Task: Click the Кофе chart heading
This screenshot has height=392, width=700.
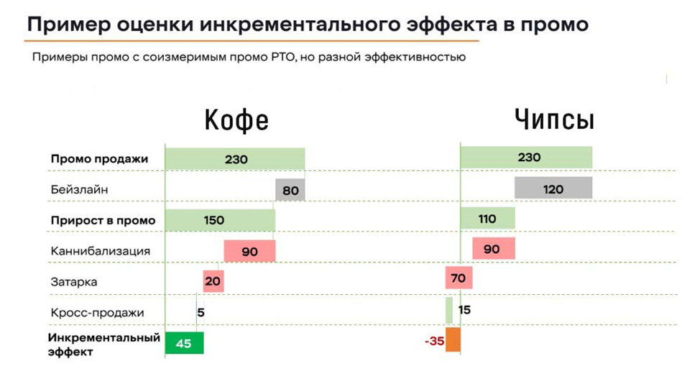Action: pyautogui.click(x=236, y=120)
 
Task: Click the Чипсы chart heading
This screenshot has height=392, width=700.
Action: pyautogui.click(x=554, y=119)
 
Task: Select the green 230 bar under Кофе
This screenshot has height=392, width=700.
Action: pyautogui.click(x=235, y=159)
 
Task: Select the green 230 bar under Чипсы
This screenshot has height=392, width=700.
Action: pyautogui.click(x=526, y=157)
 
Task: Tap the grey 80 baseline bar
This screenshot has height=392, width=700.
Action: pyautogui.click(x=290, y=191)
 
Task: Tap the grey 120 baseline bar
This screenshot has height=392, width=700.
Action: pyautogui.click(x=553, y=188)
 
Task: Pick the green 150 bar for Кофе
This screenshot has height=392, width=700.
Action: pyautogui.click(x=220, y=220)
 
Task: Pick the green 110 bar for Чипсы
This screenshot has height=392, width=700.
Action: pyautogui.click(x=488, y=219)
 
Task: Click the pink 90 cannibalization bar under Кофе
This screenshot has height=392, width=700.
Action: pyautogui.click(x=249, y=251)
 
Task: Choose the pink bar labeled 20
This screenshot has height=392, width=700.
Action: pyautogui.click(x=213, y=281)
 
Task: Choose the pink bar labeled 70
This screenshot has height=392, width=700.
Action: pyautogui.click(x=459, y=278)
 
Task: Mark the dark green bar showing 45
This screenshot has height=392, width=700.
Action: pyautogui.click(x=185, y=343)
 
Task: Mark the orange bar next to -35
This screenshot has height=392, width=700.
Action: pyautogui.click(x=453, y=340)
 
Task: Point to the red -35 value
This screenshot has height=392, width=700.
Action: pyautogui.click(x=434, y=341)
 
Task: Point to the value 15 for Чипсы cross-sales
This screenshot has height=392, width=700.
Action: pyautogui.click(x=464, y=310)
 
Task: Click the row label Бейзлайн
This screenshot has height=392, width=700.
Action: pyautogui.click(x=80, y=190)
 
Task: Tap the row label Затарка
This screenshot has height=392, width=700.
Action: pyautogui.click(x=74, y=282)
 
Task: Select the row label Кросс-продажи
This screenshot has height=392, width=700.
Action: pyautogui.click(x=98, y=313)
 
